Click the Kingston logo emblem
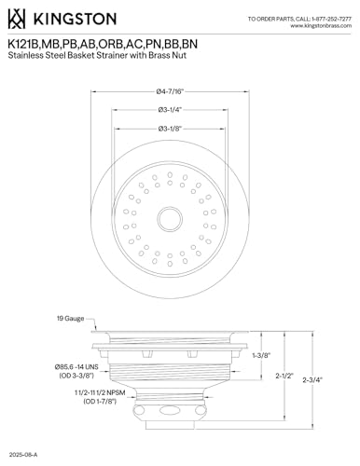pyautogui.click(x=17, y=19)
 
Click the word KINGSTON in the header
pyautogui.click(x=75, y=19)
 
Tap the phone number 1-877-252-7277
pyautogui.click(x=331, y=19)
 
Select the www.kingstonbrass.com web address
pyautogui.click(x=321, y=26)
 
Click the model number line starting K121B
pyautogui.click(x=103, y=44)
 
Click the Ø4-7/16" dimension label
pyautogui.click(x=170, y=91)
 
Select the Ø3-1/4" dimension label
pyautogui.click(x=170, y=110)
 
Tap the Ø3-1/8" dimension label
pyautogui.click(x=170, y=129)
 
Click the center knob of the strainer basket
pyautogui.click(x=170, y=219)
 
